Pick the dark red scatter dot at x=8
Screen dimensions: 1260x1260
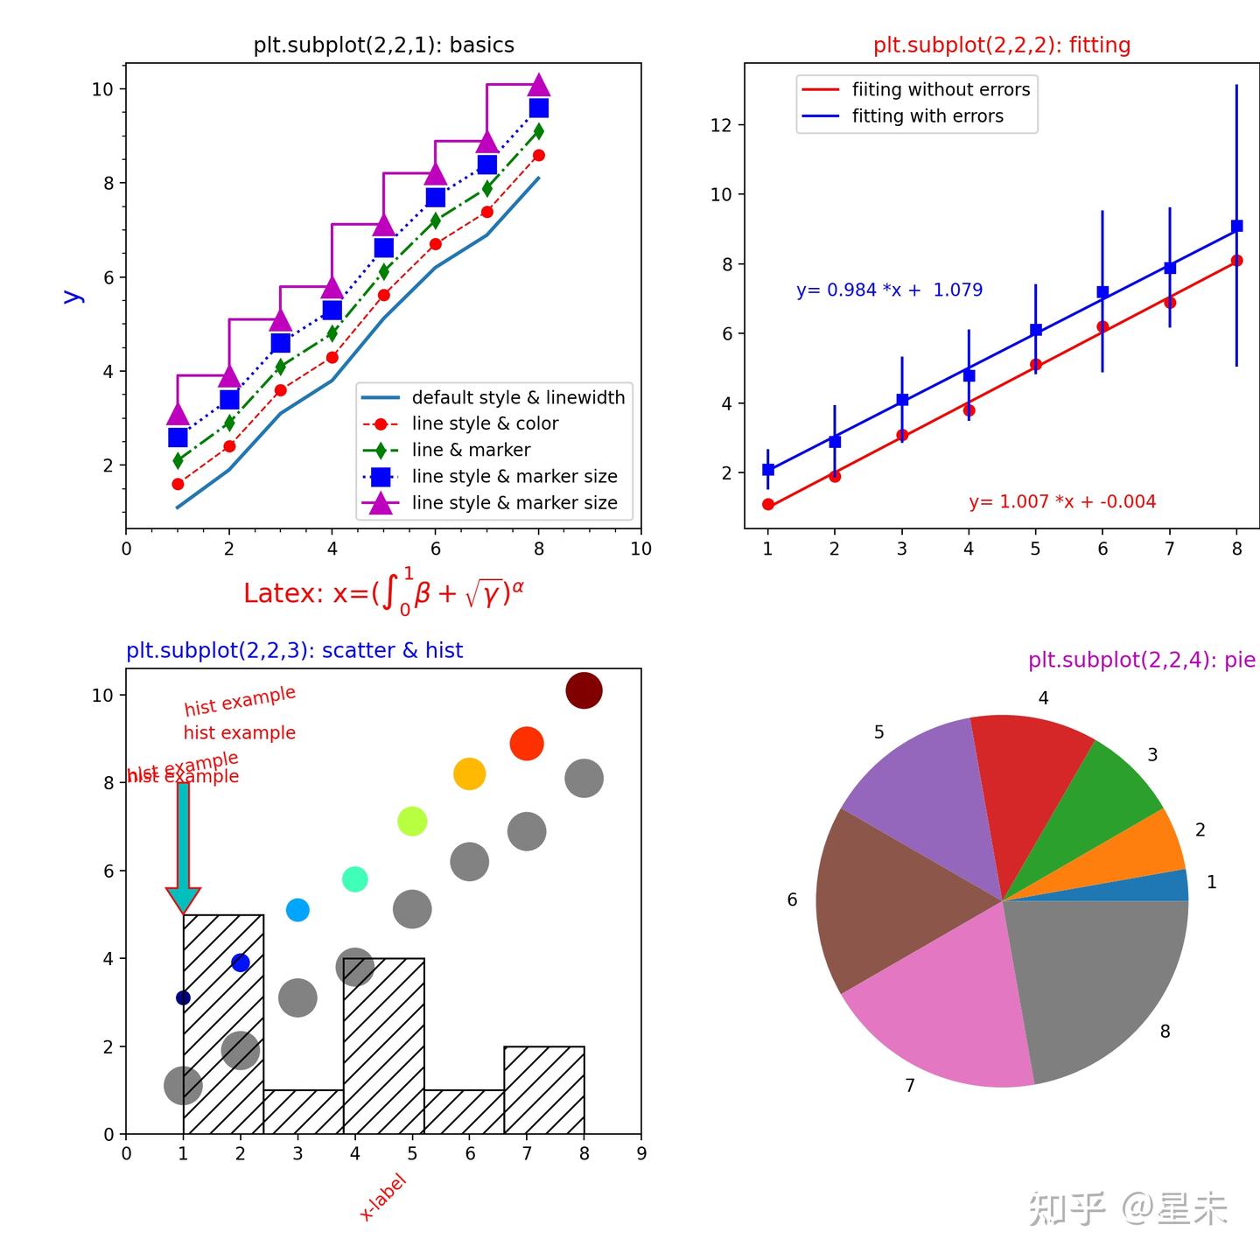click(584, 690)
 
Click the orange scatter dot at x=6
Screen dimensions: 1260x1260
click(469, 773)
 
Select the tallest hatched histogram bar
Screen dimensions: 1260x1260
click(223, 1024)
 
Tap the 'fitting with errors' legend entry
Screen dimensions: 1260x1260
click(927, 116)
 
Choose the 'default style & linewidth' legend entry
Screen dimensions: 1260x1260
click(518, 397)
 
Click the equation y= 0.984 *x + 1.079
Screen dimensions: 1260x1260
click(889, 290)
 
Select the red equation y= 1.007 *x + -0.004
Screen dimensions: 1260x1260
click(1061, 501)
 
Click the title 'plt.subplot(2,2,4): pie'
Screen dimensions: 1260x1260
click(1141, 660)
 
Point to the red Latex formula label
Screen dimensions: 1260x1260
click(383, 593)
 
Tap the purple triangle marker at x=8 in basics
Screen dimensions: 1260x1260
click(539, 85)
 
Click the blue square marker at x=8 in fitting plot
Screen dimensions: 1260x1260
click(1236, 226)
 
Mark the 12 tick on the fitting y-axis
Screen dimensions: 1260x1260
click(721, 125)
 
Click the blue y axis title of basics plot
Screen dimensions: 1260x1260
click(73, 297)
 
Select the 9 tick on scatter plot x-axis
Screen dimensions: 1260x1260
click(641, 1153)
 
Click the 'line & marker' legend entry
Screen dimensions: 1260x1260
click(471, 450)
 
